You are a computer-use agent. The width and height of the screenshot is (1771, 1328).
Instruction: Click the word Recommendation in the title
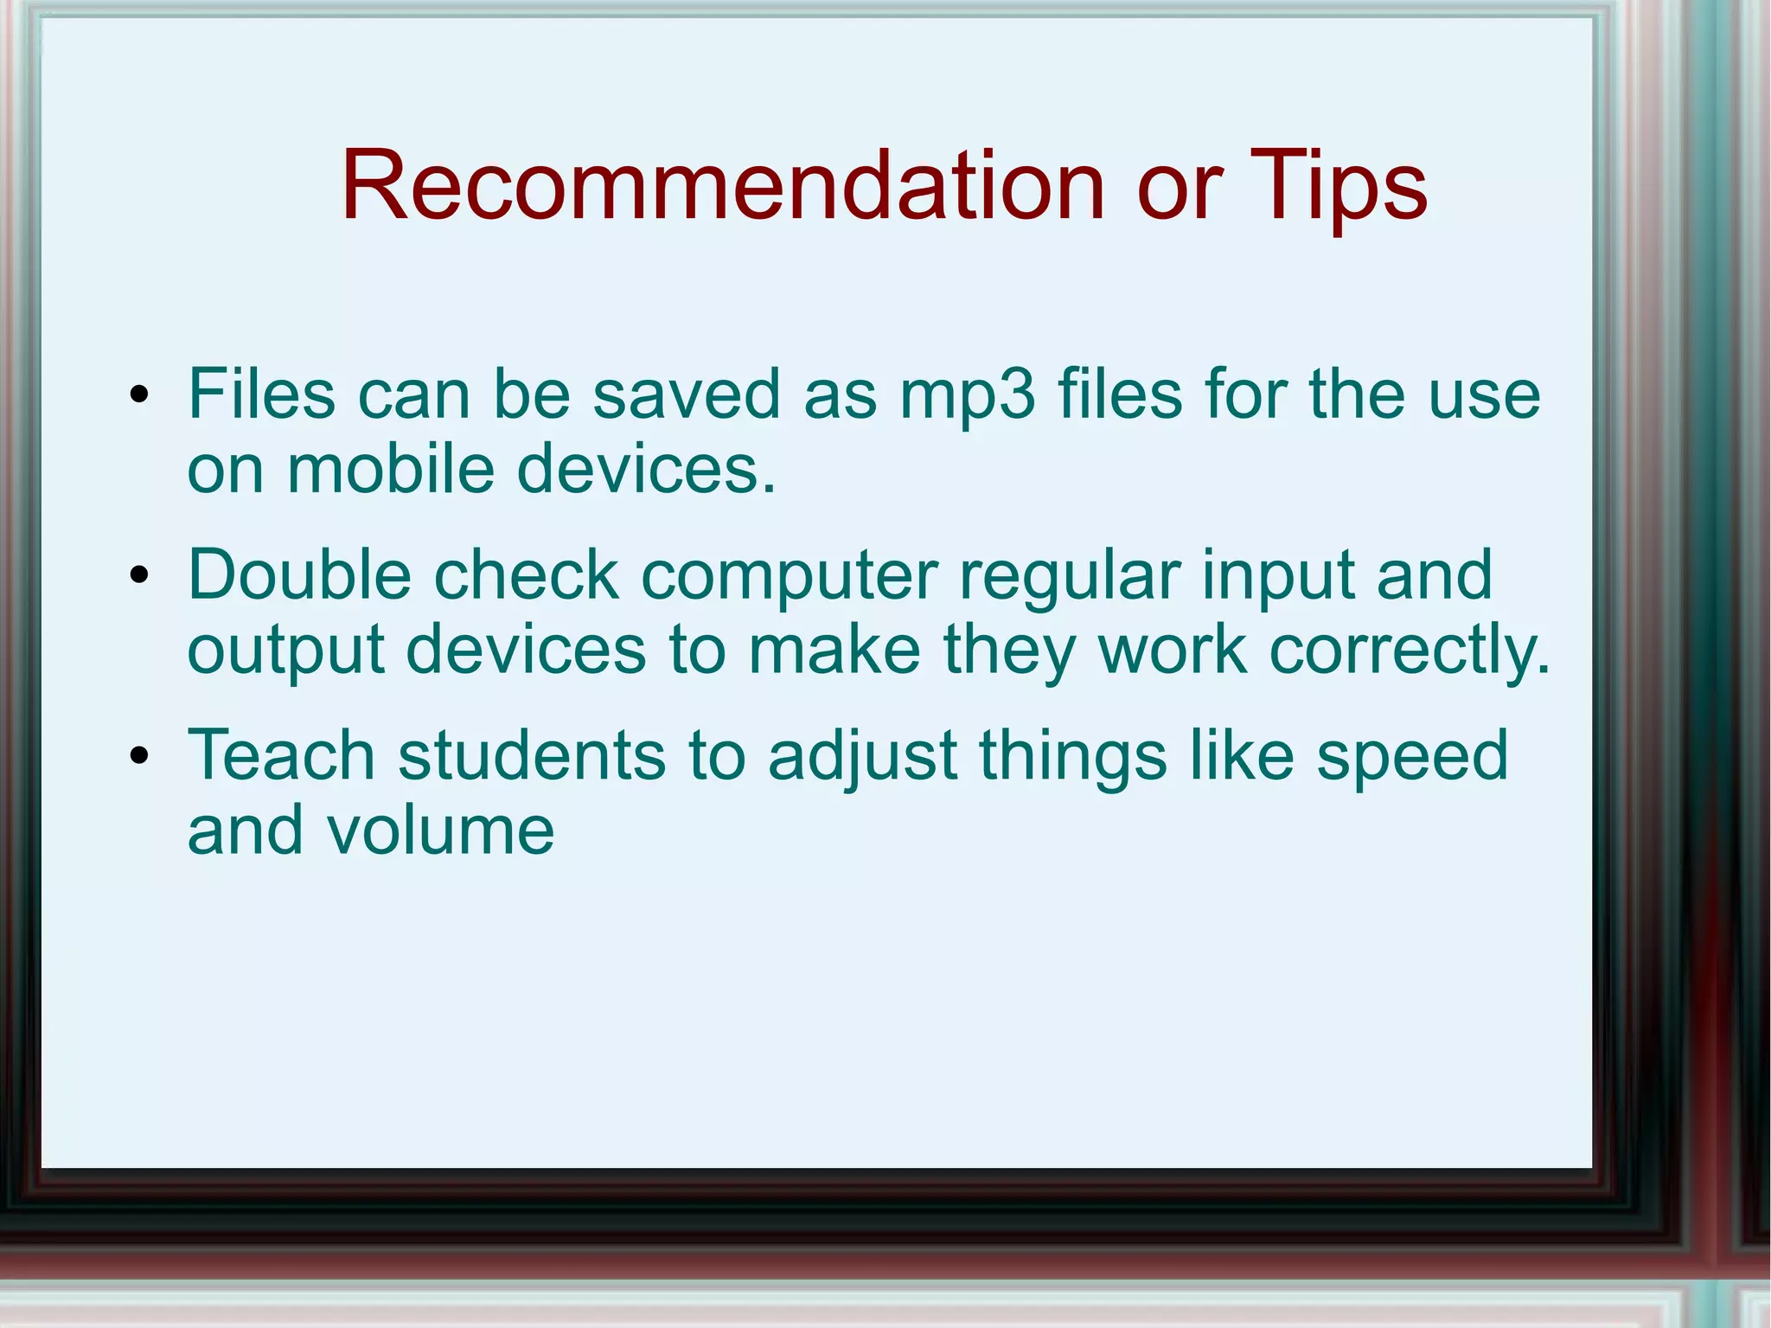(x=723, y=186)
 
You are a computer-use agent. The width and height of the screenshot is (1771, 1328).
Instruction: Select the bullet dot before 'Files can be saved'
(x=139, y=396)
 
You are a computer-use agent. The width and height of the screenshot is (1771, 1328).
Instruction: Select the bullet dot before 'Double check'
(x=139, y=576)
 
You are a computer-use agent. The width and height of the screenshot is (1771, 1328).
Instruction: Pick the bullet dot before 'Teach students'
(x=139, y=756)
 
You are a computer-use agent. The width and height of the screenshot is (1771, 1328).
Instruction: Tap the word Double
(x=299, y=574)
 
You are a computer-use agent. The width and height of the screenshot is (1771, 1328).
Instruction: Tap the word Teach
(x=281, y=754)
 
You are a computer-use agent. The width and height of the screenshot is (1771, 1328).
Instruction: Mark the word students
(x=532, y=754)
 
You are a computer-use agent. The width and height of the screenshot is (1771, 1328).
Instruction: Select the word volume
(x=439, y=831)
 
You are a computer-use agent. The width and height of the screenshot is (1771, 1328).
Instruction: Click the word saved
(x=686, y=395)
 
